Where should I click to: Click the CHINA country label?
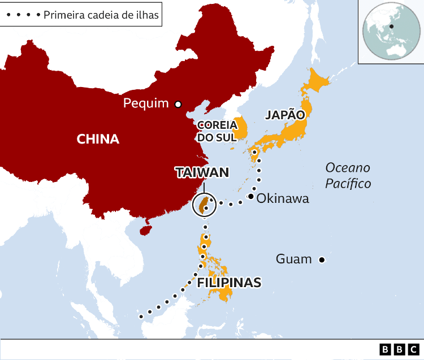[98, 139]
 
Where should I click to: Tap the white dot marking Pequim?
[178, 104]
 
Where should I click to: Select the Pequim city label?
[146, 103]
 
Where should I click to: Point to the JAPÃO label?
[285, 115]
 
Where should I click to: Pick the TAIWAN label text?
[202, 172]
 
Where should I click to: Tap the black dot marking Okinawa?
[250, 197]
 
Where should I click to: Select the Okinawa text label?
[283, 198]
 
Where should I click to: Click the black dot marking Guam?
[321, 260]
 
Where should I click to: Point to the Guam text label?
[293, 259]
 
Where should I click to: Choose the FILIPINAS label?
[229, 282]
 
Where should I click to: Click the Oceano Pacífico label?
[348, 175]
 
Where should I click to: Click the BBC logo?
[400, 349]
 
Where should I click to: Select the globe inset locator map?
[390, 31]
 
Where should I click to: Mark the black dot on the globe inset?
[391, 26]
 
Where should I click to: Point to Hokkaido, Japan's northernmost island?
[316, 82]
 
